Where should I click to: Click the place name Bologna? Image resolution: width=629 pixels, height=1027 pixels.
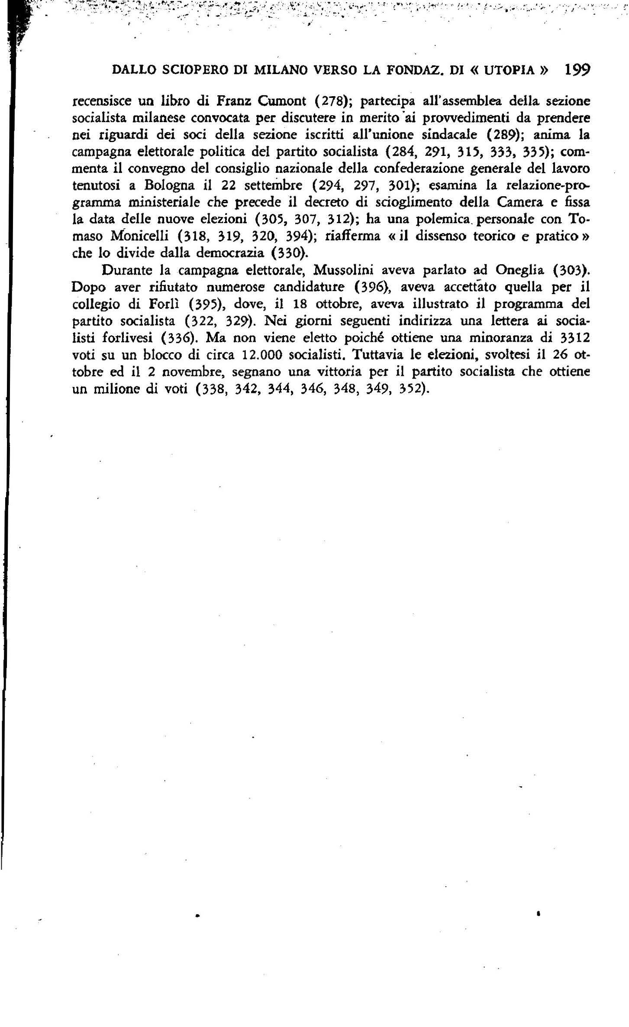[x=170, y=186]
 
